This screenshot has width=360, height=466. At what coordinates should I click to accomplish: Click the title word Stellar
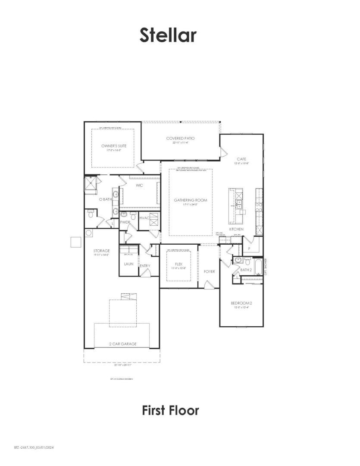pos(168,35)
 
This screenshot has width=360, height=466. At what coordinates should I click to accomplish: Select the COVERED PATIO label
pos(181,139)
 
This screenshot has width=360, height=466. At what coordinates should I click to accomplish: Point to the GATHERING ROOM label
pos(191,200)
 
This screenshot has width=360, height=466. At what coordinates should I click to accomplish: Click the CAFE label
pos(241,159)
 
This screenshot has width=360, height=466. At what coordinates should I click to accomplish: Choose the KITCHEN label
pos(236,229)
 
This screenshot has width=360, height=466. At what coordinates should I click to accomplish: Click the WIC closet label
pos(139,186)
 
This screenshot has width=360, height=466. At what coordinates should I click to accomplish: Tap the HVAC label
pos(144,218)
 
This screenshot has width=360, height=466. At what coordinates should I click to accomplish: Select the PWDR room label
pos(125,222)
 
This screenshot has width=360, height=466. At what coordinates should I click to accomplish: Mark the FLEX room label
pos(179,264)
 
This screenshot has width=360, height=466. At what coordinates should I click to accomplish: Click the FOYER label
pos(209,271)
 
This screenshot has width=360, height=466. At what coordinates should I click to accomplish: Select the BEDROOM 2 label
pos(241,303)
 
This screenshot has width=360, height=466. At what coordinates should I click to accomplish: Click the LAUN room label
pos(128,264)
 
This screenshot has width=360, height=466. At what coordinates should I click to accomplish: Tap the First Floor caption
pos(171,410)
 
